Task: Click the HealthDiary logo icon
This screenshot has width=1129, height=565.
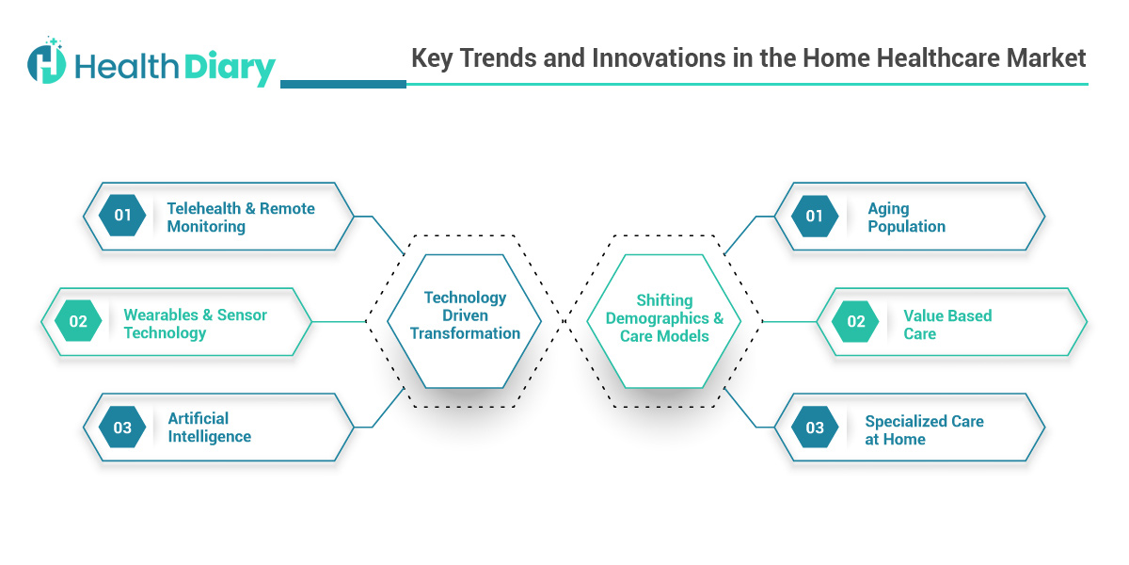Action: click(x=47, y=62)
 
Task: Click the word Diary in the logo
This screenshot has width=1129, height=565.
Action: click(x=230, y=68)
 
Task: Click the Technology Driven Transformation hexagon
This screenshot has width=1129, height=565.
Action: click(x=465, y=315)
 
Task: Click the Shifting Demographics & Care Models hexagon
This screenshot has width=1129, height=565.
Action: click(x=664, y=318)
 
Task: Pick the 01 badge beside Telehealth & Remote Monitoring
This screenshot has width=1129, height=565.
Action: click(x=123, y=216)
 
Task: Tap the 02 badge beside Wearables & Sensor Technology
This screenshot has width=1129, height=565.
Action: click(x=78, y=322)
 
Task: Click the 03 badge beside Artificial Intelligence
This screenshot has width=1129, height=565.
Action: click(x=123, y=428)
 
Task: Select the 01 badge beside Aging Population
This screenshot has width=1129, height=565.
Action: click(x=815, y=216)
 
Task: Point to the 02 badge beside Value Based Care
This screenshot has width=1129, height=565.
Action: click(x=856, y=322)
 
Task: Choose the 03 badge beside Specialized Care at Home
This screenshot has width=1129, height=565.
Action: click(x=815, y=428)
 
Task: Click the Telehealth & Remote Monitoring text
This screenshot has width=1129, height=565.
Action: click(x=241, y=218)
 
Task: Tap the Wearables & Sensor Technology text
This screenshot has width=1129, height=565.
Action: click(x=196, y=324)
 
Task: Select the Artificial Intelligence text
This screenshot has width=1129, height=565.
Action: click(x=210, y=428)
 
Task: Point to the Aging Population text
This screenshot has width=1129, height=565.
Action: click(x=907, y=218)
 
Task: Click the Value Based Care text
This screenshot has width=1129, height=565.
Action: click(x=947, y=325)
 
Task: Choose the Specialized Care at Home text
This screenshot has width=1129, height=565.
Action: click(x=925, y=430)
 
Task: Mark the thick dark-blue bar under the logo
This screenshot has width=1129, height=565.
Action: click(x=343, y=84)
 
